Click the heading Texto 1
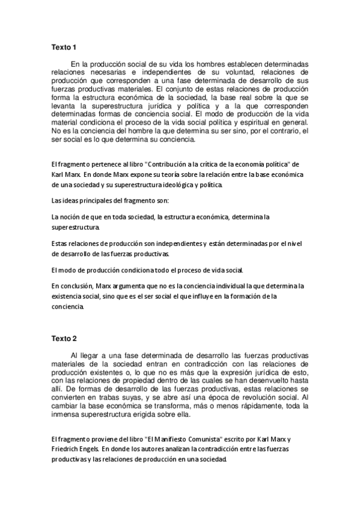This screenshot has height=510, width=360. coord(64,48)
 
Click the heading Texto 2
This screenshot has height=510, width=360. coord(64,339)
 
